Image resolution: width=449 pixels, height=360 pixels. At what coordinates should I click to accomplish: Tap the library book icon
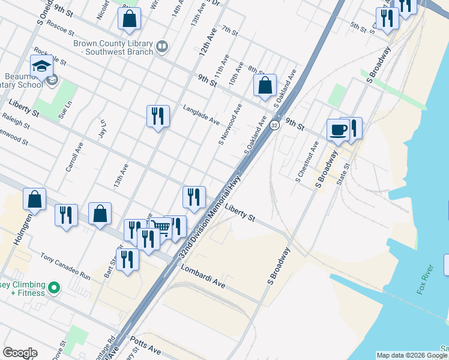[161, 47]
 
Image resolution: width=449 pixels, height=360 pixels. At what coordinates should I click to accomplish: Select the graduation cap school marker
[41, 67]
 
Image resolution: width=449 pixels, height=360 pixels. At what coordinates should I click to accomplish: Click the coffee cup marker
[338, 130]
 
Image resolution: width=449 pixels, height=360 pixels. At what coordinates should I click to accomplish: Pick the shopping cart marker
[160, 227]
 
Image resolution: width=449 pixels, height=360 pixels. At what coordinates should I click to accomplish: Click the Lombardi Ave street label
[203, 277]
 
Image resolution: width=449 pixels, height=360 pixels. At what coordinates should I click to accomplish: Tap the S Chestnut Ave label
[306, 162]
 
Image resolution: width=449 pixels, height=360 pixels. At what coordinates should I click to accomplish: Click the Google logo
[20, 353]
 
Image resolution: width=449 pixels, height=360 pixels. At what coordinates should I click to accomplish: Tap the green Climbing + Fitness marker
[53, 289]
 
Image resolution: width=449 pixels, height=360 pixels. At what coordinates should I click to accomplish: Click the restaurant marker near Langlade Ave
[158, 116]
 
